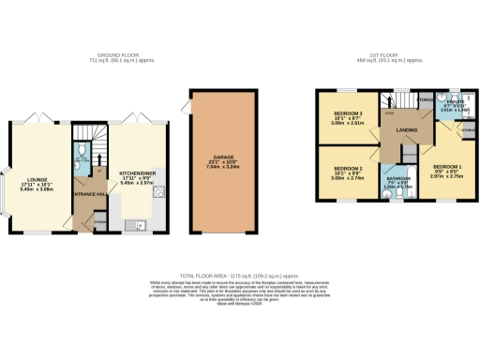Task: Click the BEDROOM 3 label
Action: point(347,112)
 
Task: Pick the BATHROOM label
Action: point(399,178)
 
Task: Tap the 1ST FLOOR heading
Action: point(386,53)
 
